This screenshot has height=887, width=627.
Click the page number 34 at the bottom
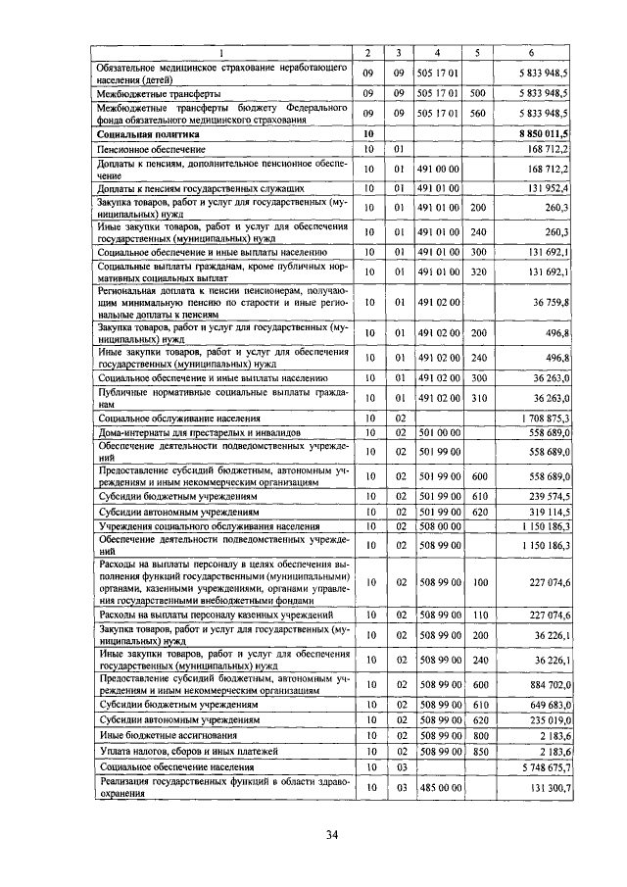331,834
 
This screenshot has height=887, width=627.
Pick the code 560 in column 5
478,113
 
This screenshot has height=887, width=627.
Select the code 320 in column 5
478,271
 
